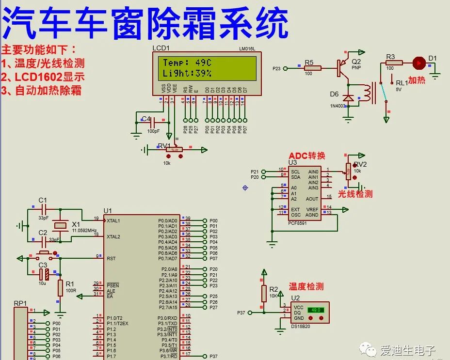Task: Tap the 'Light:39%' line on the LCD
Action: (187, 73)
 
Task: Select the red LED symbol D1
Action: (418, 63)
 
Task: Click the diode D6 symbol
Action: (348, 98)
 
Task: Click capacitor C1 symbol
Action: (44, 210)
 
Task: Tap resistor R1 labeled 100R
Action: (60, 287)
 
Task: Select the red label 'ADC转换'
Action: (307, 156)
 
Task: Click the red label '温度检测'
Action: (306, 286)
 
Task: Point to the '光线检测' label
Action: (355, 194)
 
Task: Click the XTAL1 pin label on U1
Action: (113, 220)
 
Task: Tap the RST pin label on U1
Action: (111, 258)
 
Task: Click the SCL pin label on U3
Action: (295, 172)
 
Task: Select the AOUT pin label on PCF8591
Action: (312, 199)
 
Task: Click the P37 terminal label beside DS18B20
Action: (241, 313)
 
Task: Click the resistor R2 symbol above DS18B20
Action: (264, 293)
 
